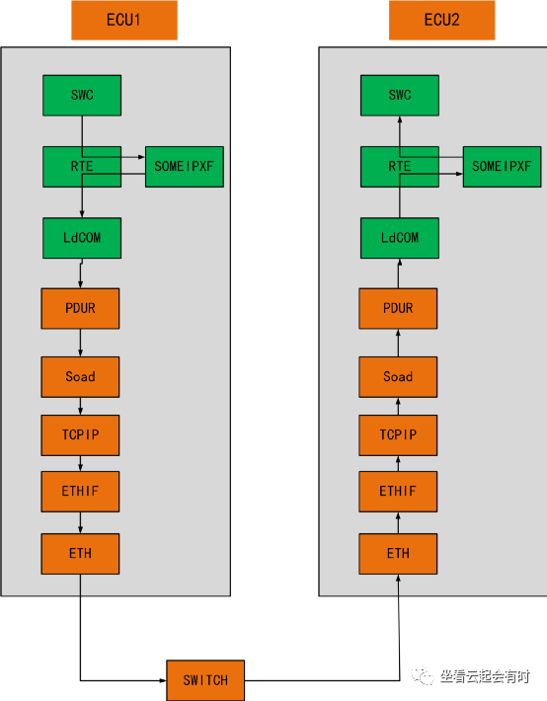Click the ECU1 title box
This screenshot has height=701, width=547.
(124, 20)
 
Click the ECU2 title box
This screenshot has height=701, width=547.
(441, 20)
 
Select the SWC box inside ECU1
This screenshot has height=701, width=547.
(81, 95)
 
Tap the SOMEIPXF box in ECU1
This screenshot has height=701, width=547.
(185, 167)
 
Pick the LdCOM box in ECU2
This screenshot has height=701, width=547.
(399, 238)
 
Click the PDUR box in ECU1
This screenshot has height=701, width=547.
(80, 308)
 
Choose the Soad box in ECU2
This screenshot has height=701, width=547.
(398, 376)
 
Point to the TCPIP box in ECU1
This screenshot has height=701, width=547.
(80, 434)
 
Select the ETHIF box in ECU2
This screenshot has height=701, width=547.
(398, 491)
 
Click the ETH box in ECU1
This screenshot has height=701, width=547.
(80, 553)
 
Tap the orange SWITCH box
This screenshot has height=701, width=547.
(205, 680)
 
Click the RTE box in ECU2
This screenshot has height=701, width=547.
(399, 167)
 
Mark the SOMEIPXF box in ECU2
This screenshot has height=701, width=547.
(502, 167)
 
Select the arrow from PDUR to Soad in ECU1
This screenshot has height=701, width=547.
(81, 343)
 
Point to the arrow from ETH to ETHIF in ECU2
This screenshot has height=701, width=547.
(399, 521)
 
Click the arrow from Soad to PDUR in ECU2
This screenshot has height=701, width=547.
(399, 343)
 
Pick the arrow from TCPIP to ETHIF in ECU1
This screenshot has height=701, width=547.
(81, 463)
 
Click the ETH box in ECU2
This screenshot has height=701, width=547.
(398, 553)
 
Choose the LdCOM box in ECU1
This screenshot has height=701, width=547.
(81, 238)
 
